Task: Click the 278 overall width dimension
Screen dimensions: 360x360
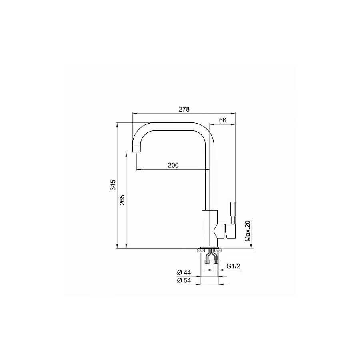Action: tap(184, 109)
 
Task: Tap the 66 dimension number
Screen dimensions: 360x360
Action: tap(223, 120)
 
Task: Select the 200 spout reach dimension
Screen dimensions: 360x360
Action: tap(173, 165)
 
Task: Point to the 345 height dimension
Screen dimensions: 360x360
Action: tap(113, 185)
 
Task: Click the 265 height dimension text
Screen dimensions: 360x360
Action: tap(122, 200)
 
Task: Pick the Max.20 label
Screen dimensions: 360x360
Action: tap(248, 231)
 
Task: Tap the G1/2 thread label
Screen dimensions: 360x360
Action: tap(233, 266)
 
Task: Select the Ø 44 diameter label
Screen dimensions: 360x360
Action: tap(184, 272)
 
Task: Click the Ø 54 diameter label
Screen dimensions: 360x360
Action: tap(184, 280)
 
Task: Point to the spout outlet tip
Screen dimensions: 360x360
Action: tap(137, 149)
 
